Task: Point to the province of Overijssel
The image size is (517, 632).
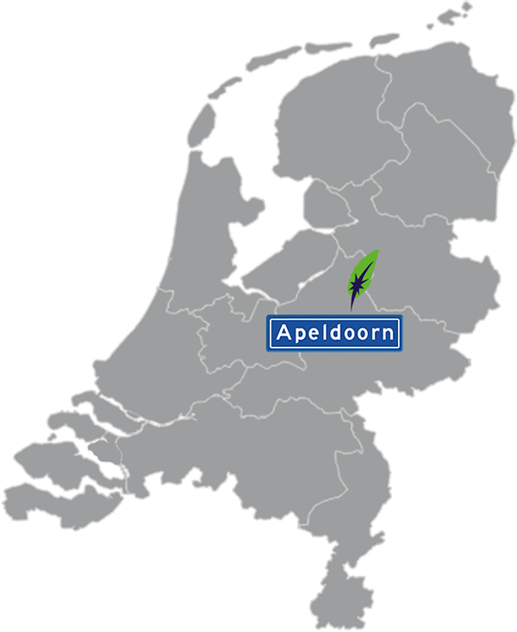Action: (422, 259)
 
